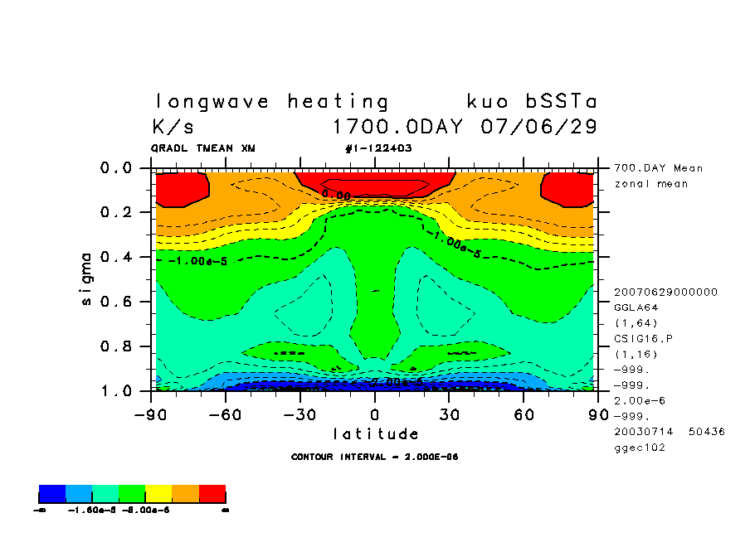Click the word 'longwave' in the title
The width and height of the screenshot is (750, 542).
coord(212,102)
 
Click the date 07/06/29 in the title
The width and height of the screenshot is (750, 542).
coord(538,128)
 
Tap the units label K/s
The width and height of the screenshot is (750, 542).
coord(173,128)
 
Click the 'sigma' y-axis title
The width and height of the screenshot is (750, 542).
coord(87,279)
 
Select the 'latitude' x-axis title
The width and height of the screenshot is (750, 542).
coord(376,433)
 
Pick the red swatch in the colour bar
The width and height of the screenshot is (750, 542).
coord(212,495)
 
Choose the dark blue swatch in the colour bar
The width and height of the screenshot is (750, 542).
coord(52,495)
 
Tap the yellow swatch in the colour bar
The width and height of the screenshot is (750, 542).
coord(159,495)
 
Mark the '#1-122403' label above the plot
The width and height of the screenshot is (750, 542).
coord(377,148)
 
